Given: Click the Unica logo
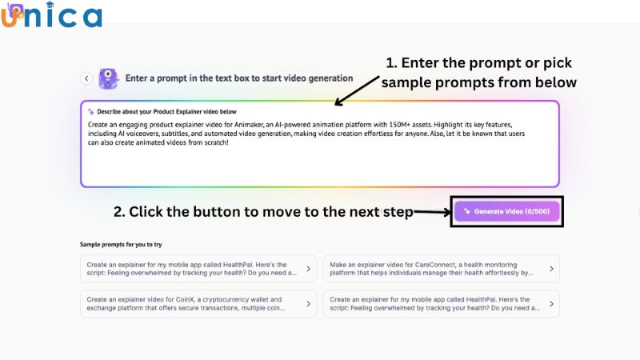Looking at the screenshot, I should pyautogui.click(x=51, y=16).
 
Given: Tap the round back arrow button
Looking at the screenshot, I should pyautogui.click(x=86, y=78).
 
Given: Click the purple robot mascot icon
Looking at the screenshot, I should pyautogui.click(x=108, y=78).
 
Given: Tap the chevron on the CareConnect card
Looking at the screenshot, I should pyautogui.click(x=551, y=269).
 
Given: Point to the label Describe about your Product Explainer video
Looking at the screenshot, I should pyautogui.click(x=167, y=111).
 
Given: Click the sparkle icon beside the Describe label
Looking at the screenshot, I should pyautogui.click(x=90, y=111).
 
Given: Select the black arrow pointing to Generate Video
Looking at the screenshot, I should pyautogui.click(x=432, y=212).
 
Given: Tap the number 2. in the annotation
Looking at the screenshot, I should pyautogui.click(x=119, y=212).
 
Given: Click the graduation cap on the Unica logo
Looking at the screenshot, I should pyautogui.click(x=18, y=10).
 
